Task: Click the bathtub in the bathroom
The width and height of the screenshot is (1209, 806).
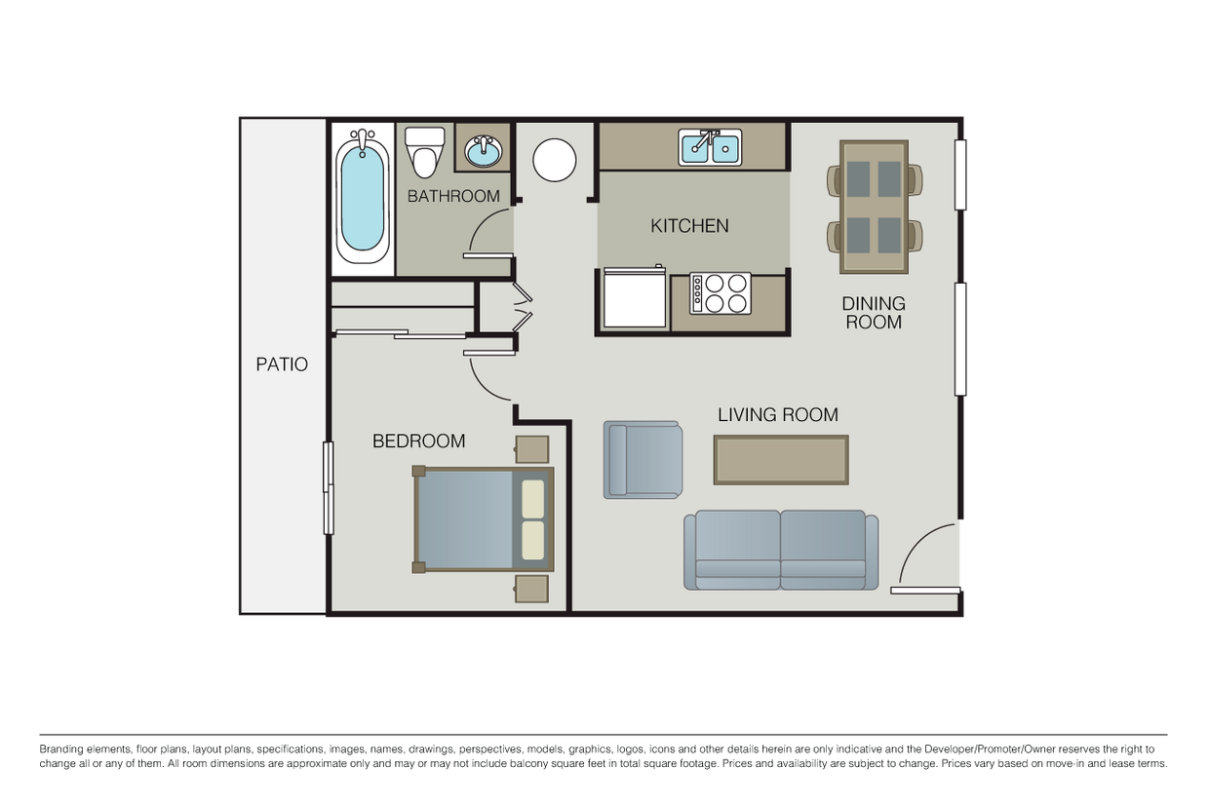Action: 362,198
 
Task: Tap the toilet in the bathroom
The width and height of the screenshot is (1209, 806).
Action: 425,152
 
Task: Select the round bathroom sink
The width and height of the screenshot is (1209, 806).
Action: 483,151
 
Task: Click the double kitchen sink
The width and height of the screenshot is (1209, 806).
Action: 710,147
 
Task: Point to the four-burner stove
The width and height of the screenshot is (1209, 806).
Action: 720,293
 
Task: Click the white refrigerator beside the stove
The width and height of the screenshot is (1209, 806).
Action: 635,296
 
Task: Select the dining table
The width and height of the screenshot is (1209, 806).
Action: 874,208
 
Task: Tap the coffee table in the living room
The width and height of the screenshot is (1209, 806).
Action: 781,460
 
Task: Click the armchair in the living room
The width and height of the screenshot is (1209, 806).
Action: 643,460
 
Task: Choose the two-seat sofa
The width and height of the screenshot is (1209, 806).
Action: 781,550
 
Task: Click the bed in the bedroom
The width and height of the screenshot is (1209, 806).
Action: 483,519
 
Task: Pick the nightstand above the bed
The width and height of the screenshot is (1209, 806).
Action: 531,449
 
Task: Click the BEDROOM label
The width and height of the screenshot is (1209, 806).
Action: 419,441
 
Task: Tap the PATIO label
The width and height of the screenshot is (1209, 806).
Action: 282,365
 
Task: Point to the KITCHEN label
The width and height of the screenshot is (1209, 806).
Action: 689,225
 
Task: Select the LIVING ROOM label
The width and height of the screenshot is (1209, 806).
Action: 778,415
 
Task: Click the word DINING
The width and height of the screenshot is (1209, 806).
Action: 874,304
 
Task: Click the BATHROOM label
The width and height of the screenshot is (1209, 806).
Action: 453,196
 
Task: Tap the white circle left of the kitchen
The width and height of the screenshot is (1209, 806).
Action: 555,160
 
